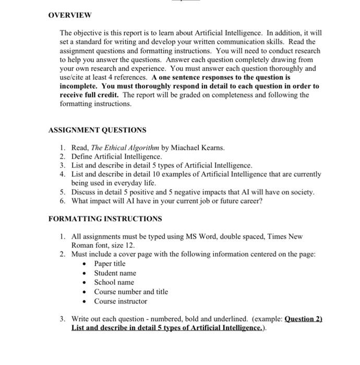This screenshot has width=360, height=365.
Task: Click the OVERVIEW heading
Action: (69, 15)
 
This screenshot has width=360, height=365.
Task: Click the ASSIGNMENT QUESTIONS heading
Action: (97, 130)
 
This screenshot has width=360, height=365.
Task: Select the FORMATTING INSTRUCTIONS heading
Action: (105, 219)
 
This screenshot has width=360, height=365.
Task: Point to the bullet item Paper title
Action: (110, 264)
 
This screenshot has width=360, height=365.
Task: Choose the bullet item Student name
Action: (115, 273)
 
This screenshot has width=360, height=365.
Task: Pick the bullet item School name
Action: (114, 283)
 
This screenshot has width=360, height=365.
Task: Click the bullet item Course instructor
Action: (121, 301)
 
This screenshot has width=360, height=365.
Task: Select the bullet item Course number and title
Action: (131, 292)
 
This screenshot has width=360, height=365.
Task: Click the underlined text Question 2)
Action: (304, 319)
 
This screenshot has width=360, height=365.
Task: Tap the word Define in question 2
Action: (82, 156)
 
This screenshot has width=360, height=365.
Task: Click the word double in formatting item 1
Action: (233, 236)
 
